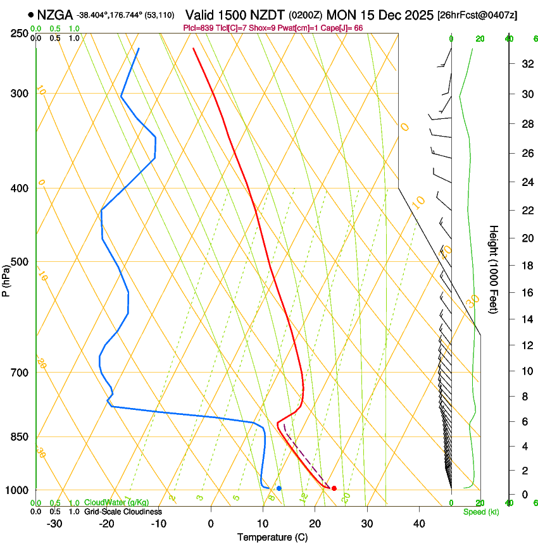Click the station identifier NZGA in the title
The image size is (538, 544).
55,15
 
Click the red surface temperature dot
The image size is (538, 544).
334,488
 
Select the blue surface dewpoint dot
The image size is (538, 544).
279,488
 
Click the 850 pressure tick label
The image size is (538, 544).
20,437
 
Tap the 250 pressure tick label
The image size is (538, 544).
20,33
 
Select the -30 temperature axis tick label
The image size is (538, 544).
54,524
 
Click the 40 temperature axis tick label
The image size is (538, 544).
418,524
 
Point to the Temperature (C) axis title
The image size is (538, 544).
272,537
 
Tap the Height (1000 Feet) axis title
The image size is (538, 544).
494,269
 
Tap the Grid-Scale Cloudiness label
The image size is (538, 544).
123,511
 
